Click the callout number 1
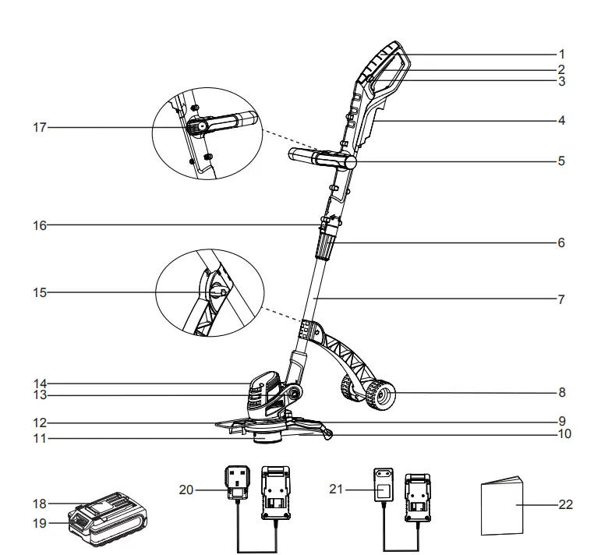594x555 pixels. (561, 55)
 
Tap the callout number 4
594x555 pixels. (561, 121)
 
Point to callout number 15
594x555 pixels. (39, 293)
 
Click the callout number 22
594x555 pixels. (566, 505)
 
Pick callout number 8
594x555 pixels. (561, 393)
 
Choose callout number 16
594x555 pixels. (39, 226)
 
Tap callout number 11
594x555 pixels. (39, 439)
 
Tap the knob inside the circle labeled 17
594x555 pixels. (202, 126)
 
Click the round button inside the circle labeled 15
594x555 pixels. (217, 292)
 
